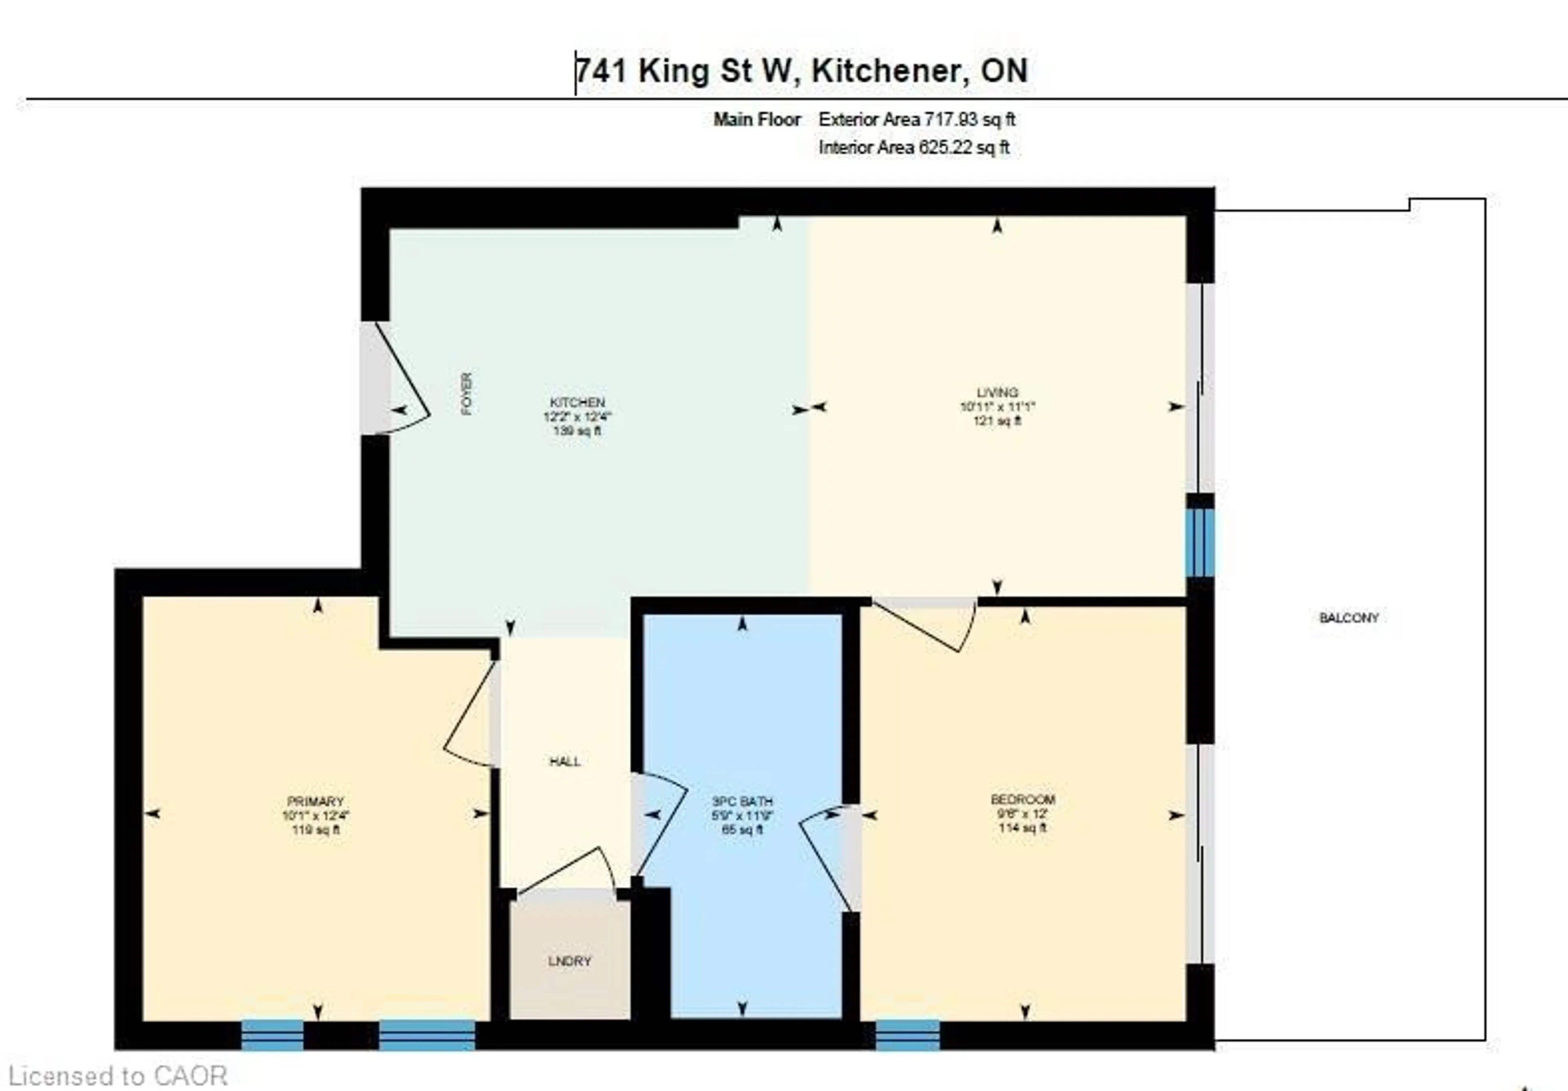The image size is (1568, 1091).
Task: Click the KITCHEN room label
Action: click(x=577, y=402)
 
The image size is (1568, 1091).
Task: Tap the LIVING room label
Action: click(x=997, y=392)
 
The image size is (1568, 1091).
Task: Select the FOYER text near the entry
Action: click(x=466, y=394)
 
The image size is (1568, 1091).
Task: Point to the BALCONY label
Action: click(x=1349, y=618)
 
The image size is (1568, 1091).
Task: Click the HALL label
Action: click(x=565, y=761)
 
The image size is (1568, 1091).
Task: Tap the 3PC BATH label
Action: click(x=742, y=801)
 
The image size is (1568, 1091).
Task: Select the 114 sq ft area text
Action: click(x=1022, y=828)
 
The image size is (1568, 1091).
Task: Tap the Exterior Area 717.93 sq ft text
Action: click(x=916, y=120)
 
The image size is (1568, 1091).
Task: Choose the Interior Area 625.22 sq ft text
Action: click(x=914, y=147)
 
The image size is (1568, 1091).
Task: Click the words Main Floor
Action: click(x=757, y=120)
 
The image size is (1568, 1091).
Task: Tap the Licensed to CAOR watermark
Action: click(x=118, y=1076)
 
